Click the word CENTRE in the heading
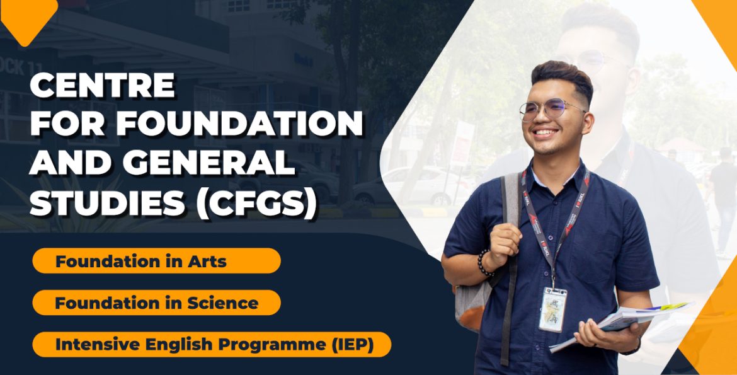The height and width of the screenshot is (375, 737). tap(103, 85)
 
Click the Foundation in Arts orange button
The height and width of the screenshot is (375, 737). tap(156, 261)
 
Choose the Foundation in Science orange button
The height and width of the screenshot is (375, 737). tap(156, 303)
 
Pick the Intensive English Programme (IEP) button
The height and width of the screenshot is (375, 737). tap(212, 345)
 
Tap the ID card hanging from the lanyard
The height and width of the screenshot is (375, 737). tap(552, 309)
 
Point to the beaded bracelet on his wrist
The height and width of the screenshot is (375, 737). tap(483, 263)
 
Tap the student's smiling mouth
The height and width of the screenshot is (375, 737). tap(546, 133)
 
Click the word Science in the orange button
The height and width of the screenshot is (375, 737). tap(223, 303)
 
